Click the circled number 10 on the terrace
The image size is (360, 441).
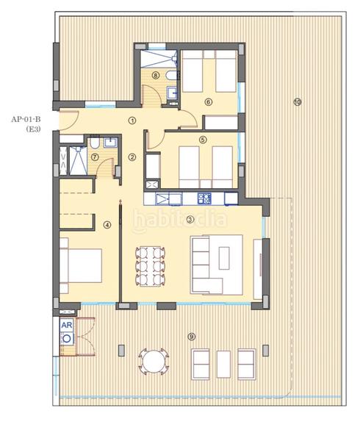point(297,102)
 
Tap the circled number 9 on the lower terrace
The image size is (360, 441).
point(192,337)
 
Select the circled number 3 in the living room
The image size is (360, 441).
point(190,218)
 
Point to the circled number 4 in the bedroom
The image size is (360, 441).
point(107,226)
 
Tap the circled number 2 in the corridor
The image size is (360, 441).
point(132,156)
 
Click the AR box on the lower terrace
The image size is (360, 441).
point(66,324)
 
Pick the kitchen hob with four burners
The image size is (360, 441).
point(204,198)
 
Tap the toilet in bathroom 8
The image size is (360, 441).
point(170,76)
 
